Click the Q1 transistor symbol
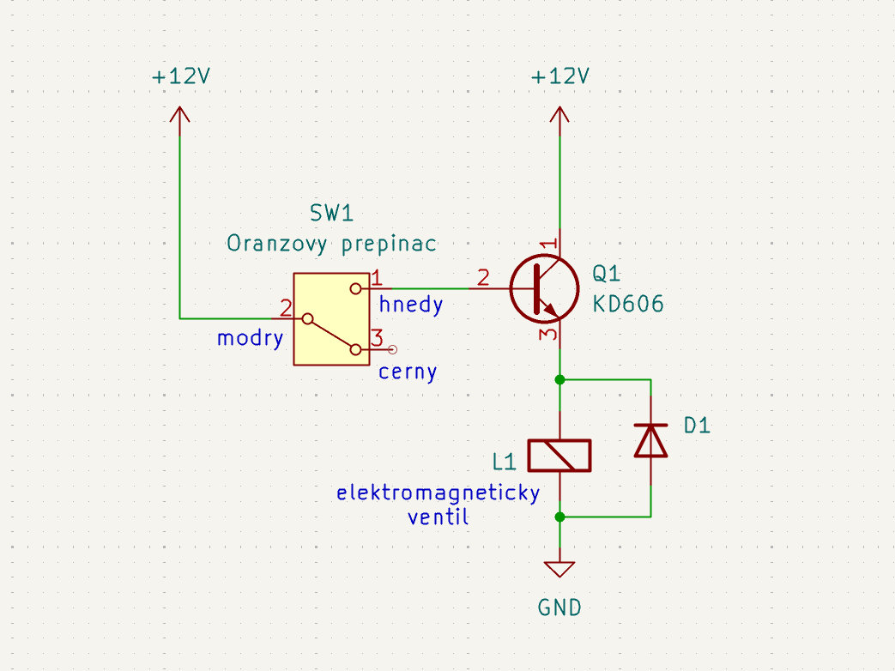click(x=542, y=289)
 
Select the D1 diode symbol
click(x=650, y=440)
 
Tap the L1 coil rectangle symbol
click(x=559, y=456)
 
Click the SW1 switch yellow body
click(x=330, y=319)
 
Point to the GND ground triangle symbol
click(x=559, y=569)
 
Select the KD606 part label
click(x=628, y=305)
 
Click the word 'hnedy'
click(x=411, y=305)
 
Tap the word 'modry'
click(x=250, y=338)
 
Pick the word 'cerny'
click(x=408, y=372)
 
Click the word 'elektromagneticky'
click(x=438, y=493)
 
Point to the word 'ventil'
click(x=438, y=517)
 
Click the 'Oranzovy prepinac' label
click(x=331, y=244)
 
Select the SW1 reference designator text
click(x=331, y=214)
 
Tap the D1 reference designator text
click(x=697, y=426)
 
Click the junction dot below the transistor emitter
click(x=559, y=379)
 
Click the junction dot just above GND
click(x=559, y=517)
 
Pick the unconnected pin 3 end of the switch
click(x=393, y=349)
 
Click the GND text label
click(x=559, y=608)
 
